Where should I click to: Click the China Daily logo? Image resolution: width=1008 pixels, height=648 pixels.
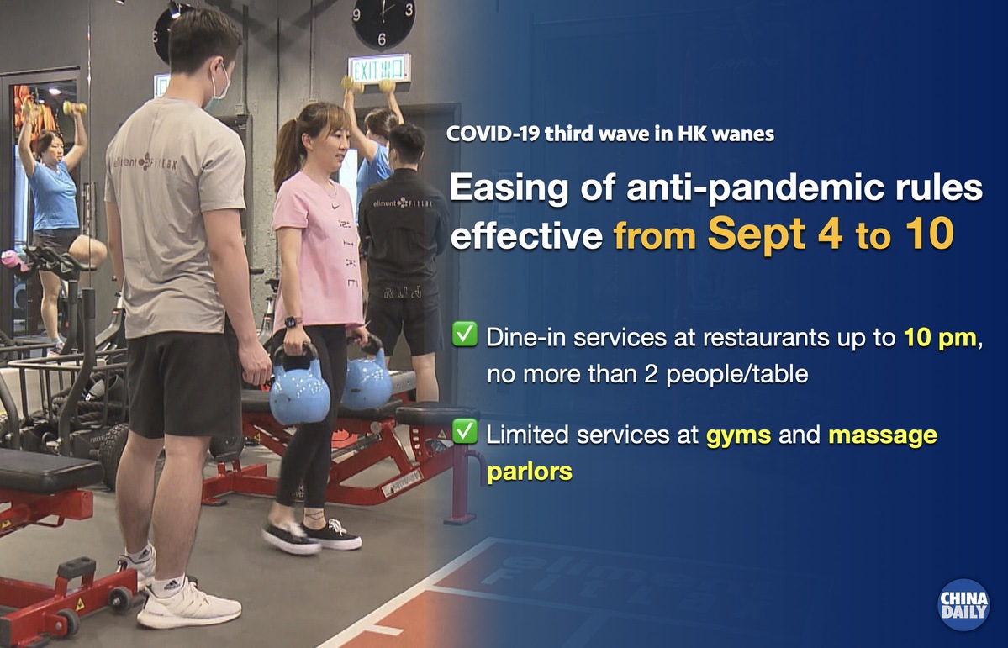(x=963, y=604)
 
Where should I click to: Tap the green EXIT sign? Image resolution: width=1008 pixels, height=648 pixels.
(x=378, y=68)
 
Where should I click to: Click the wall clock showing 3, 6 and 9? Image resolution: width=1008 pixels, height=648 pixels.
(x=384, y=23)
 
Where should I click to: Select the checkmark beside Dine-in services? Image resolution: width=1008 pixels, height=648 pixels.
(x=464, y=335)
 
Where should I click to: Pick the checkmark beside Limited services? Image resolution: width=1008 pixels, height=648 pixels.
(x=464, y=431)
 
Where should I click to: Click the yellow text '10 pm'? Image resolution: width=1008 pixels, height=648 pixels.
(x=940, y=338)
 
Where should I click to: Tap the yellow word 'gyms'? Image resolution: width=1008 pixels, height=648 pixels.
(x=738, y=436)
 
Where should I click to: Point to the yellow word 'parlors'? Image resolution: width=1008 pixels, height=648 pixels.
(x=530, y=472)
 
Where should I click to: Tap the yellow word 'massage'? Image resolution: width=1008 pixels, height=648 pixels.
(x=882, y=436)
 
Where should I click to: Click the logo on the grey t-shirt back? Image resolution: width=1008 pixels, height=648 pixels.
(x=145, y=163)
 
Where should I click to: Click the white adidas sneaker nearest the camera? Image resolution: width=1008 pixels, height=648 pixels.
(x=187, y=604)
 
